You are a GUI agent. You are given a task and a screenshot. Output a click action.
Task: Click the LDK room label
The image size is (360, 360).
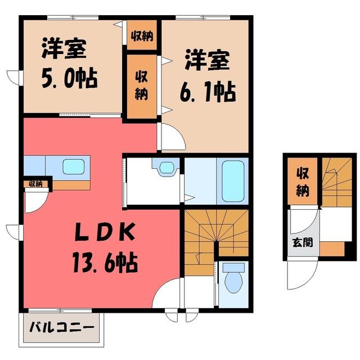click(x=105, y=233)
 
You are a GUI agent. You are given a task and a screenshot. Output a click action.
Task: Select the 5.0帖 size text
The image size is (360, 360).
click(x=70, y=78)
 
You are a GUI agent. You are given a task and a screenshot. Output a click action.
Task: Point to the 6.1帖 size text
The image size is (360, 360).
click(x=208, y=91)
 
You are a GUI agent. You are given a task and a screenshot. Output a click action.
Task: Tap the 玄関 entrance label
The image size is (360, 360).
click(x=303, y=242)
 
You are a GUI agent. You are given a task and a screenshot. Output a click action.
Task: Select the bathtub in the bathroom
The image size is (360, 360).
click(x=233, y=181)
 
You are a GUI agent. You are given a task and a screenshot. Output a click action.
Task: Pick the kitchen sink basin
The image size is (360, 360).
click(x=74, y=166)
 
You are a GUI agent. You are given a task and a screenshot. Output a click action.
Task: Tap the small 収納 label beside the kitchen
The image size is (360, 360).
click(x=36, y=184)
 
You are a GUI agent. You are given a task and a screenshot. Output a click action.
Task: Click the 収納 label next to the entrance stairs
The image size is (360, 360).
click(x=303, y=182)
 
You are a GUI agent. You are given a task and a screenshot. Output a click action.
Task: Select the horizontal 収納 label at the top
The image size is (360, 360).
click(x=142, y=36)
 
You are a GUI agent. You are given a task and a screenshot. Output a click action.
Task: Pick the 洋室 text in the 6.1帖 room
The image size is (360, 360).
click(x=208, y=60)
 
